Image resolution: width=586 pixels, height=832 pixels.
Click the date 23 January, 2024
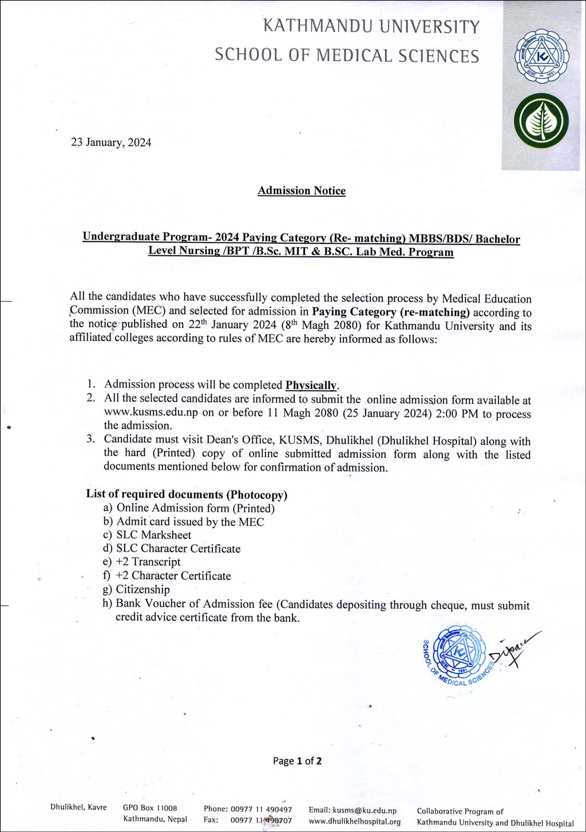click(111, 142)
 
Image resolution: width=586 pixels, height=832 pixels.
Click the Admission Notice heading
click(302, 191)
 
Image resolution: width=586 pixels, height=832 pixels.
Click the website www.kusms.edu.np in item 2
click(151, 413)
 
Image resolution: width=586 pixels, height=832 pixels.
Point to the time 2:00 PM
click(456, 414)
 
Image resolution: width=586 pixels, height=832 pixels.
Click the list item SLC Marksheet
click(153, 535)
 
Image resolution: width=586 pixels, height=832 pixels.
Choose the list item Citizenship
click(142, 589)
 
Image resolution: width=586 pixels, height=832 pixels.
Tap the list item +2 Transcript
click(148, 562)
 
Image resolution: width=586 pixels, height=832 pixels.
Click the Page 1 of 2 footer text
click(297, 761)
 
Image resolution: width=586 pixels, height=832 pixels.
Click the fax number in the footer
click(261, 821)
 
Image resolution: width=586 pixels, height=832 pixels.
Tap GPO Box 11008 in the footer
click(150, 808)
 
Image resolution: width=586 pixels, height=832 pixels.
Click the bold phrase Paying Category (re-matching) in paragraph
click(390, 312)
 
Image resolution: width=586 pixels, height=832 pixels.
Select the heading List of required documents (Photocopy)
click(187, 494)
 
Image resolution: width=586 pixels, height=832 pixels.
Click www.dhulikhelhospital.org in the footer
click(354, 821)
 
